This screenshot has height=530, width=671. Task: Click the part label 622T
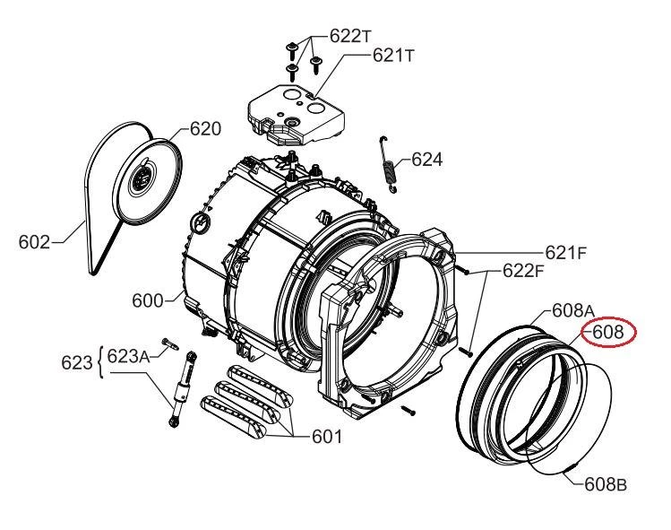(349, 36)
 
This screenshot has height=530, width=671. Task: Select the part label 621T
(393, 56)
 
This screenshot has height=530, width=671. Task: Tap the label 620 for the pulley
(205, 128)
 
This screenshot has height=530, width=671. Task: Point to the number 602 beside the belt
(34, 242)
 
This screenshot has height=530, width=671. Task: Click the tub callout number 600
(148, 300)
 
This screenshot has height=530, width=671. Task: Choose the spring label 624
(427, 160)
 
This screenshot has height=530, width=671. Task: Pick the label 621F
(566, 253)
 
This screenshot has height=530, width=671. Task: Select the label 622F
(523, 271)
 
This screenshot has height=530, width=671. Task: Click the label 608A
(573, 310)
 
